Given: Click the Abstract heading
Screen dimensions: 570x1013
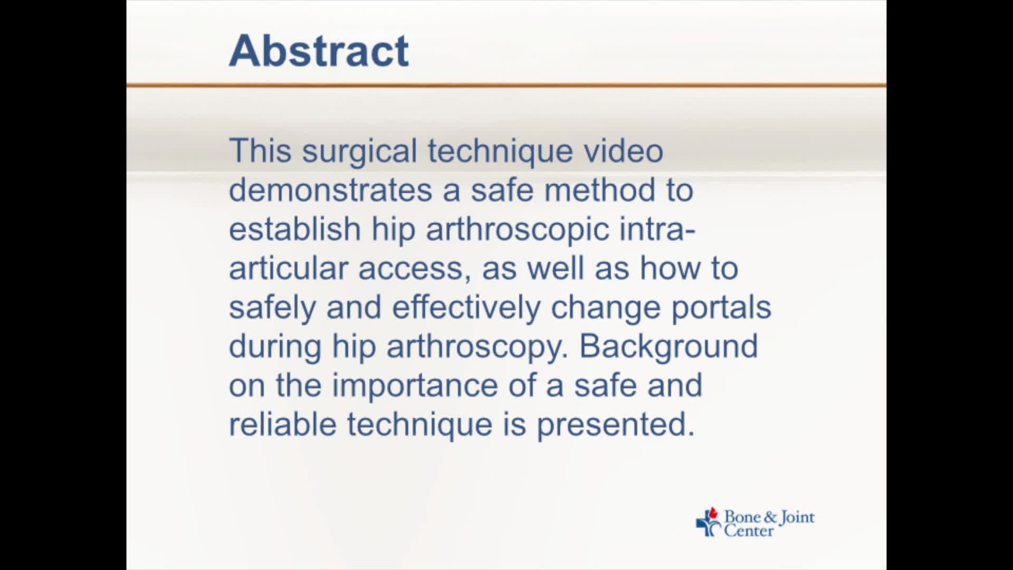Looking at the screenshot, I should click(319, 51).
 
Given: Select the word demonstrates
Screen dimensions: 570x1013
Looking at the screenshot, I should click(330, 190).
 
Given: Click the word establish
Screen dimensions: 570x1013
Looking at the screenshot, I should click(294, 229).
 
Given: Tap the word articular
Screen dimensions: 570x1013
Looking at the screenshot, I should click(288, 268).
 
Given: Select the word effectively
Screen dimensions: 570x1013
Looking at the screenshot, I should click(466, 307).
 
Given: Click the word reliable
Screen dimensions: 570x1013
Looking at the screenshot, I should click(282, 424).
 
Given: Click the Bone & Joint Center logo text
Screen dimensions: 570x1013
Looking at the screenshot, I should click(768, 523).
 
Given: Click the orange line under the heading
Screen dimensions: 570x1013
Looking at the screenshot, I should click(506, 84).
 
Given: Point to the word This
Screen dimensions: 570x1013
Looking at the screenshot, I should click(260, 151).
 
